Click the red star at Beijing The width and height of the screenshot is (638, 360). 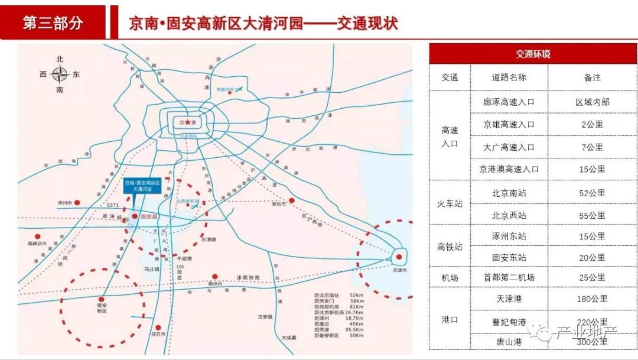(187, 122)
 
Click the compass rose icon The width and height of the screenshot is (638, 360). (60, 74)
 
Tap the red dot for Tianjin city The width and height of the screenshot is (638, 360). (399, 257)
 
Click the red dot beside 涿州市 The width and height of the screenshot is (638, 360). (77, 203)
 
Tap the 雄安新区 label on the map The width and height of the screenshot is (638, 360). (102, 309)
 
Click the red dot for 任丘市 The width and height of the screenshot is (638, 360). (158, 327)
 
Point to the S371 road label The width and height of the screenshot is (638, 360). (113, 205)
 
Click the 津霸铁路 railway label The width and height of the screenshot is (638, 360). (249, 277)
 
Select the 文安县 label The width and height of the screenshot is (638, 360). (265, 317)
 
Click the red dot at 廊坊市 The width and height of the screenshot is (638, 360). (291, 200)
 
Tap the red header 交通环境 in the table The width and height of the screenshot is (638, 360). (533, 54)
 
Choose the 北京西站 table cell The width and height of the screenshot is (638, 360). (509, 215)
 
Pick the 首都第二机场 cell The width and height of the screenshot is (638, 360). (509, 277)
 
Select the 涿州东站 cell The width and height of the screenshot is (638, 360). (509, 236)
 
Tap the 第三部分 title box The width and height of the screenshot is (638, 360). (53, 23)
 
